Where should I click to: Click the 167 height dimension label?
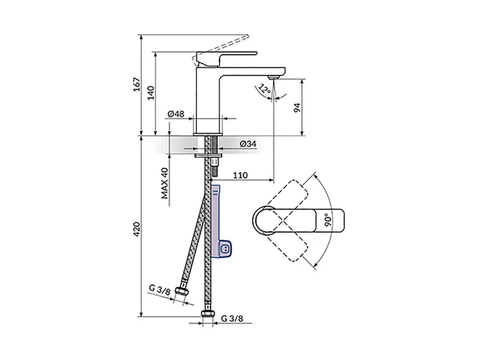point(137,84)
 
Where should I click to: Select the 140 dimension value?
point(151,93)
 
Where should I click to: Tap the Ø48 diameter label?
point(176,114)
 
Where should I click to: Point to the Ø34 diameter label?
point(248,143)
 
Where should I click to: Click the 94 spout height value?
point(297,108)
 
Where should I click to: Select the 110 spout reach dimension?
point(241,175)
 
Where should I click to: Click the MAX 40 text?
point(164,183)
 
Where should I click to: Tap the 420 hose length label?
point(137,229)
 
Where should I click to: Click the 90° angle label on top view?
point(328,220)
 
